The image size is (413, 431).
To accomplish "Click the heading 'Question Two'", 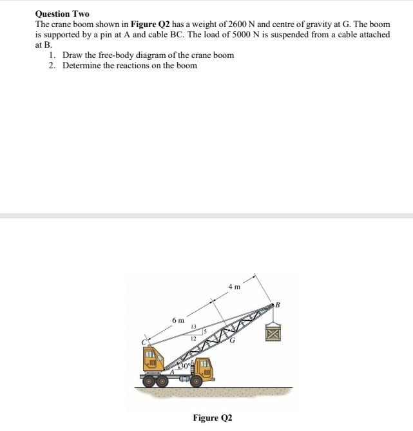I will click(x=62, y=14).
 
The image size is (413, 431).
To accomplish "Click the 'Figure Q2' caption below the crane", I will click(x=212, y=418).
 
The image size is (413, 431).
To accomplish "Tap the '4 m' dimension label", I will click(x=235, y=286).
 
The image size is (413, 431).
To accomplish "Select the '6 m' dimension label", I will click(x=178, y=320).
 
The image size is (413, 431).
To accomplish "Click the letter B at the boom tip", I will click(x=278, y=304).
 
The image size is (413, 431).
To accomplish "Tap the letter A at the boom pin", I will click(x=172, y=372).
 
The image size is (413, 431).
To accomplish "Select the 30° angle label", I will click(x=185, y=365).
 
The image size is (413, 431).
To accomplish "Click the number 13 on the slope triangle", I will click(x=193, y=327).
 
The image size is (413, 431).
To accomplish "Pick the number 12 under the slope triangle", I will click(x=192, y=338).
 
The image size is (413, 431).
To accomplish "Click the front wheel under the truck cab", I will click(x=197, y=382).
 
